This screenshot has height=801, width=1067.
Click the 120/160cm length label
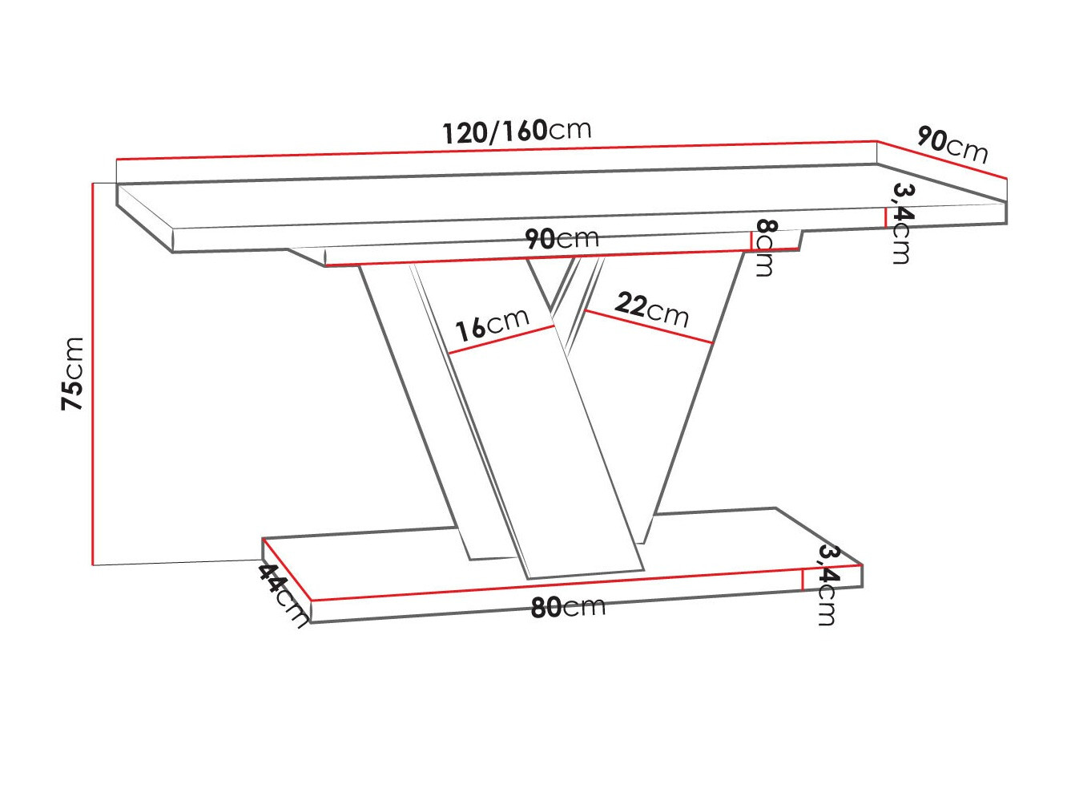[x=517, y=131]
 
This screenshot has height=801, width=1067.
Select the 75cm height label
[x=73, y=374]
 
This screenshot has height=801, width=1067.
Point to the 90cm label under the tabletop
[x=562, y=238]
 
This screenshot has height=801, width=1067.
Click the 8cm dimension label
[x=765, y=248]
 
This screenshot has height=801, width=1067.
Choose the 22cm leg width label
[x=652, y=309]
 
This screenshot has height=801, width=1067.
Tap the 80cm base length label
[x=568, y=607]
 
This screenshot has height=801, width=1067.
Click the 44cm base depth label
[x=283, y=594]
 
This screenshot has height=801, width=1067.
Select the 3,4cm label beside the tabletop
[x=902, y=223]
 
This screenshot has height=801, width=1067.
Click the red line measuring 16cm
[x=501, y=340]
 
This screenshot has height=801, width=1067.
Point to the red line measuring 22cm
[x=649, y=327]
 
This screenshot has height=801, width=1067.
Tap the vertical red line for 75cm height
[x=93, y=374]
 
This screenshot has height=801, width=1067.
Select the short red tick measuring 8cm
[x=751, y=241]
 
